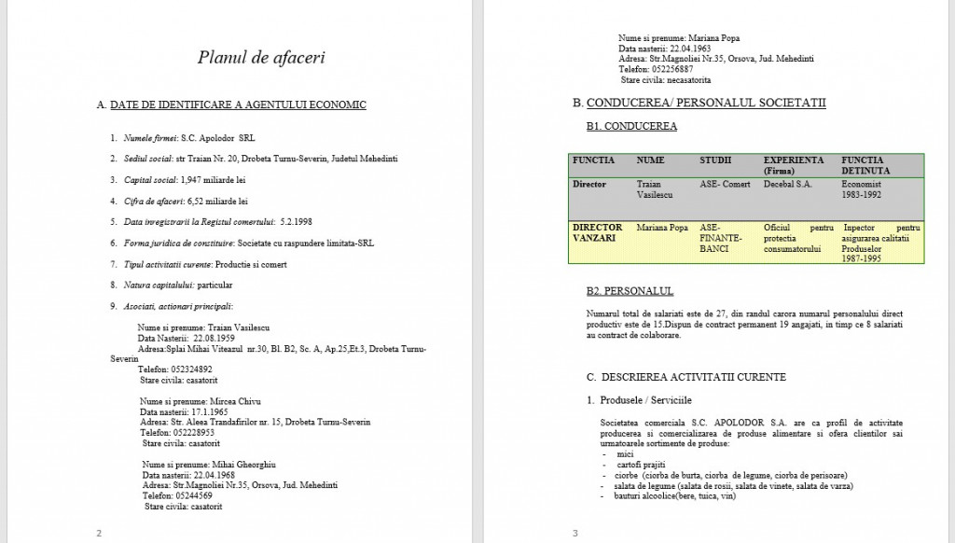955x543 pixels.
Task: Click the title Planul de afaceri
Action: pyautogui.click(x=261, y=58)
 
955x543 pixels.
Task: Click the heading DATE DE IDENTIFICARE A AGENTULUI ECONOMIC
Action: pyautogui.click(x=238, y=104)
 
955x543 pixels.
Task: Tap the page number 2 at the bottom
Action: pyautogui.click(x=99, y=533)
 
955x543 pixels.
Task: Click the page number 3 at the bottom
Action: pyautogui.click(x=575, y=533)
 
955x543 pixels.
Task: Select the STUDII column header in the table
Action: pyautogui.click(x=716, y=160)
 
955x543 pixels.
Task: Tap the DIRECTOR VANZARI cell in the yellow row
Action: pyautogui.click(x=598, y=232)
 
